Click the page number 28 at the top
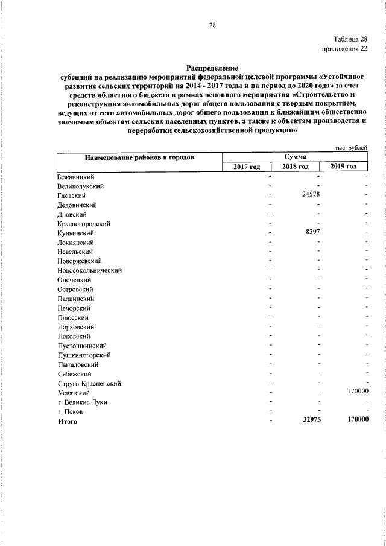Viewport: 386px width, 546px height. coord(212,25)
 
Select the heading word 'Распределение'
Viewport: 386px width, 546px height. coord(212,68)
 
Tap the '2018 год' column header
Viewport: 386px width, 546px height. coord(296,167)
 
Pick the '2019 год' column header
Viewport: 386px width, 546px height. coord(344,167)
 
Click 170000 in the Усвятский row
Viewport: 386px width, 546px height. coord(358,392)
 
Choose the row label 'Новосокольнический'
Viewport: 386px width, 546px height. coord(90,270)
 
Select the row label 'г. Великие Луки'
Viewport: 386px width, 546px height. coord(83,402)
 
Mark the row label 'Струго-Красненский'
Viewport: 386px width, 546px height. coord(90,383)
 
